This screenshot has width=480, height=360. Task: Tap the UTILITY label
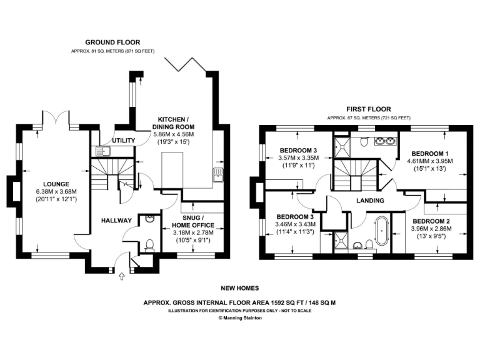pos(123,141)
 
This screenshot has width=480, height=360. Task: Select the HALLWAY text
pos(116,221)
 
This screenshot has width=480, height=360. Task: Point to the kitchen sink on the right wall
pos(218,174)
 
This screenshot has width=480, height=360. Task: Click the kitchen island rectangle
pos(170,172)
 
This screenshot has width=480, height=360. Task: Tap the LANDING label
pos(369,201)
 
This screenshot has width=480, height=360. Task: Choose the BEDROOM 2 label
pos(432,221)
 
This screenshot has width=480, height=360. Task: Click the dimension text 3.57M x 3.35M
pos(297,158)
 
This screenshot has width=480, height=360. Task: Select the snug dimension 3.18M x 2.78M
pos(192,232)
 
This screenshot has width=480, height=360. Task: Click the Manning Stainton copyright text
pos(239,317)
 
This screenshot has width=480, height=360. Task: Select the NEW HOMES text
pos(239,289)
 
